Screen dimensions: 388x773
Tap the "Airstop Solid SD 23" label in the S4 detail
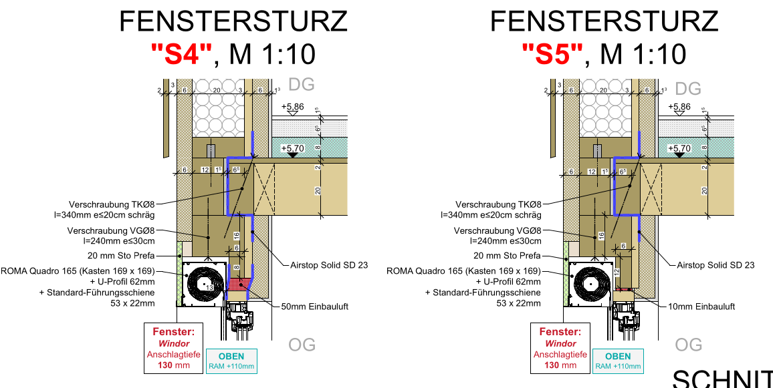coord(329,265)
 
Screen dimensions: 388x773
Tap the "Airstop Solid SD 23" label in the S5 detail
coord(715,265)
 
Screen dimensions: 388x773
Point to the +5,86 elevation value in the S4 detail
coord(292,107)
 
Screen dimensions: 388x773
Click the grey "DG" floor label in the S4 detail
coord(301,85)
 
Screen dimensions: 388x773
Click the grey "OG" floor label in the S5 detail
coord(688,345)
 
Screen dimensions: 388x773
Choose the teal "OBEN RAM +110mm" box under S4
coord(231,361)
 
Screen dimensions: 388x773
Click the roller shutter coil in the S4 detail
coord(203,283)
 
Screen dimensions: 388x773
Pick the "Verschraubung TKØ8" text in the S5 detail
coord(498,204)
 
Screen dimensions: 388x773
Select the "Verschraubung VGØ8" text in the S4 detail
coord(111,230)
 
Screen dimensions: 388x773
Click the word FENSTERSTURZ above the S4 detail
coord(233,22)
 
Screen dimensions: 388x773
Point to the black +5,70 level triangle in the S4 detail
coord(292,155)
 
